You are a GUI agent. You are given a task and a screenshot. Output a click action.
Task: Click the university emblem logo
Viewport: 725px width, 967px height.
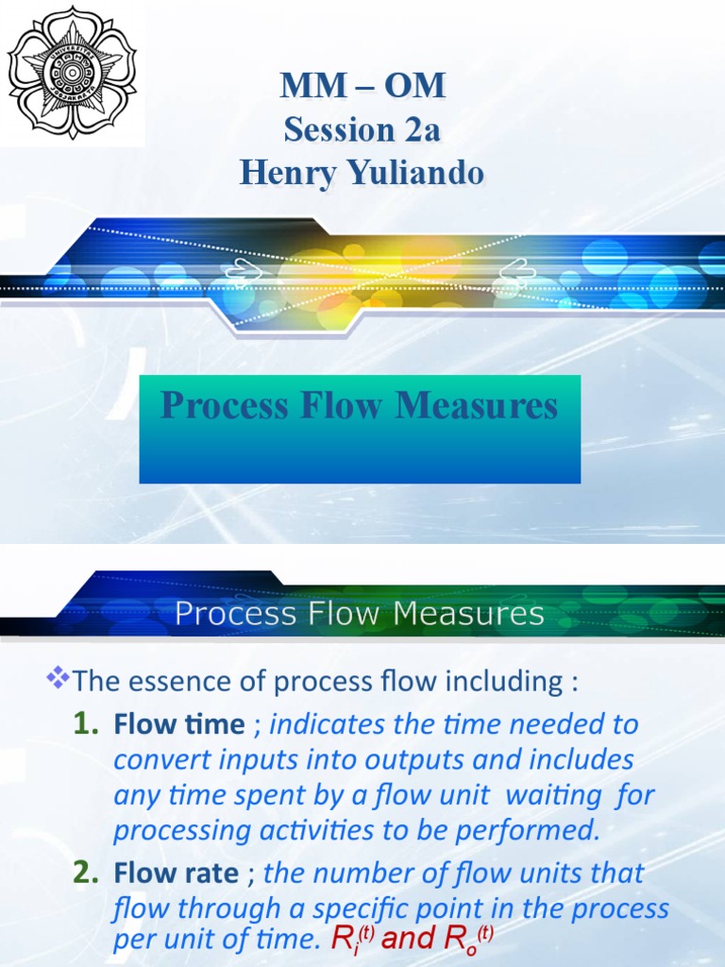click(72, 73)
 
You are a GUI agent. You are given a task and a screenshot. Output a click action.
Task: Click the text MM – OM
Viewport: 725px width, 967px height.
click(362, 86)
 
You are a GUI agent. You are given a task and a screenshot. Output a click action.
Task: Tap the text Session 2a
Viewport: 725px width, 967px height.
click(362, 129)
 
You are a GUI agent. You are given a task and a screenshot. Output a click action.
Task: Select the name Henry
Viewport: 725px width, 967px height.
click(286, 173)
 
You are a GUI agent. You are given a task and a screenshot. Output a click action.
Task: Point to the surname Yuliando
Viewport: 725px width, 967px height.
click(412, 173)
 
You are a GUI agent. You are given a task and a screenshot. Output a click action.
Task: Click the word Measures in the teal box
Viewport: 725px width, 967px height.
click(476, 406)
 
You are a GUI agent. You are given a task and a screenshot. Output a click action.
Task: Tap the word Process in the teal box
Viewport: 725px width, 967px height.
click(225, 406)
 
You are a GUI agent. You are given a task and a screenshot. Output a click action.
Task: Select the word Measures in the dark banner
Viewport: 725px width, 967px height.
click(469, 615)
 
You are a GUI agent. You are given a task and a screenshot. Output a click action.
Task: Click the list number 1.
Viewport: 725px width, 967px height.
click(87, 724)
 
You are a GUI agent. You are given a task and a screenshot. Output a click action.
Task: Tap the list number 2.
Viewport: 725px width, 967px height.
click(87, 873)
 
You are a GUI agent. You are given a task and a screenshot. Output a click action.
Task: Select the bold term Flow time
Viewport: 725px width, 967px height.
click(178, 724)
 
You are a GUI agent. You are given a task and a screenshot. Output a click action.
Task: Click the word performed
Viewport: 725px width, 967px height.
click(536, 831)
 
